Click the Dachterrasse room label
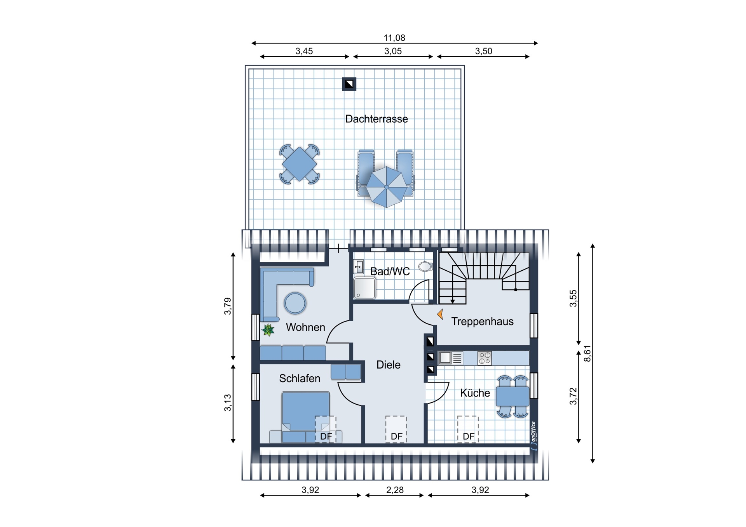[376, 119]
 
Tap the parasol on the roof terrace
[387, 187]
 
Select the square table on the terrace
[299, 164]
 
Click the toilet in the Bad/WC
[425, 266]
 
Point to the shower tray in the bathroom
[364, 289]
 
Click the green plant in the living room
[268, 330]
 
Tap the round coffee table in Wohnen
[295, 303]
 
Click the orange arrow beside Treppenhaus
[440, 314]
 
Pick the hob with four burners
[485, 358]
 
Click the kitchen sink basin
[445, 358]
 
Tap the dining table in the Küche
[512, 397]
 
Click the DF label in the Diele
[397, 437]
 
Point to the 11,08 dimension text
[394, 38]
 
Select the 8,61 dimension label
[587, 353]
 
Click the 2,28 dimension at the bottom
[395, 490]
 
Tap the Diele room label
[389, 365]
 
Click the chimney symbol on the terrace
[349, 84]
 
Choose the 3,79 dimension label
[228, 306]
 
